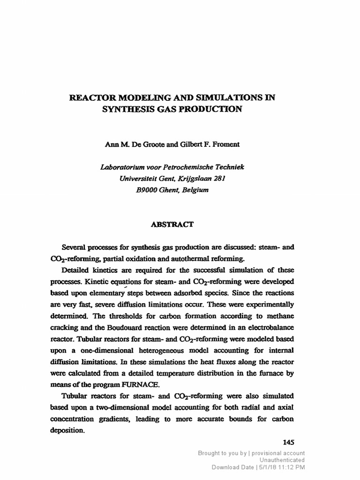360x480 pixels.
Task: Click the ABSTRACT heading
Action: click(172, 224)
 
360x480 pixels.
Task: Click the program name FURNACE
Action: click(141, 384)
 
